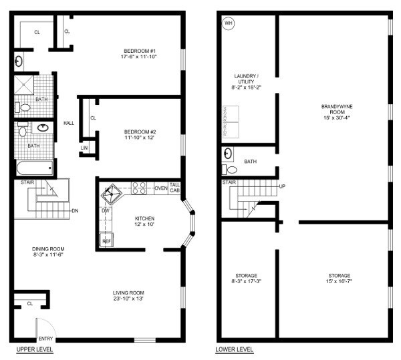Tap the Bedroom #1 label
click(140, 51)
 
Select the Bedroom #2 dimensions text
click(140, 139)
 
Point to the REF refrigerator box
click(106, 240)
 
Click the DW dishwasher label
click(105, 211)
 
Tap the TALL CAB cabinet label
click(174, 188)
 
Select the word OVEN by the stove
click(161, 188)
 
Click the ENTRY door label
click(45, 339)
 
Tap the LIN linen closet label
click(84, 148)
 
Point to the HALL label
click(69, 123)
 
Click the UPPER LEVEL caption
click(35, 350)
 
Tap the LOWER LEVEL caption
click(235, 350)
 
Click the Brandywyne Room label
click(334, 109)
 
